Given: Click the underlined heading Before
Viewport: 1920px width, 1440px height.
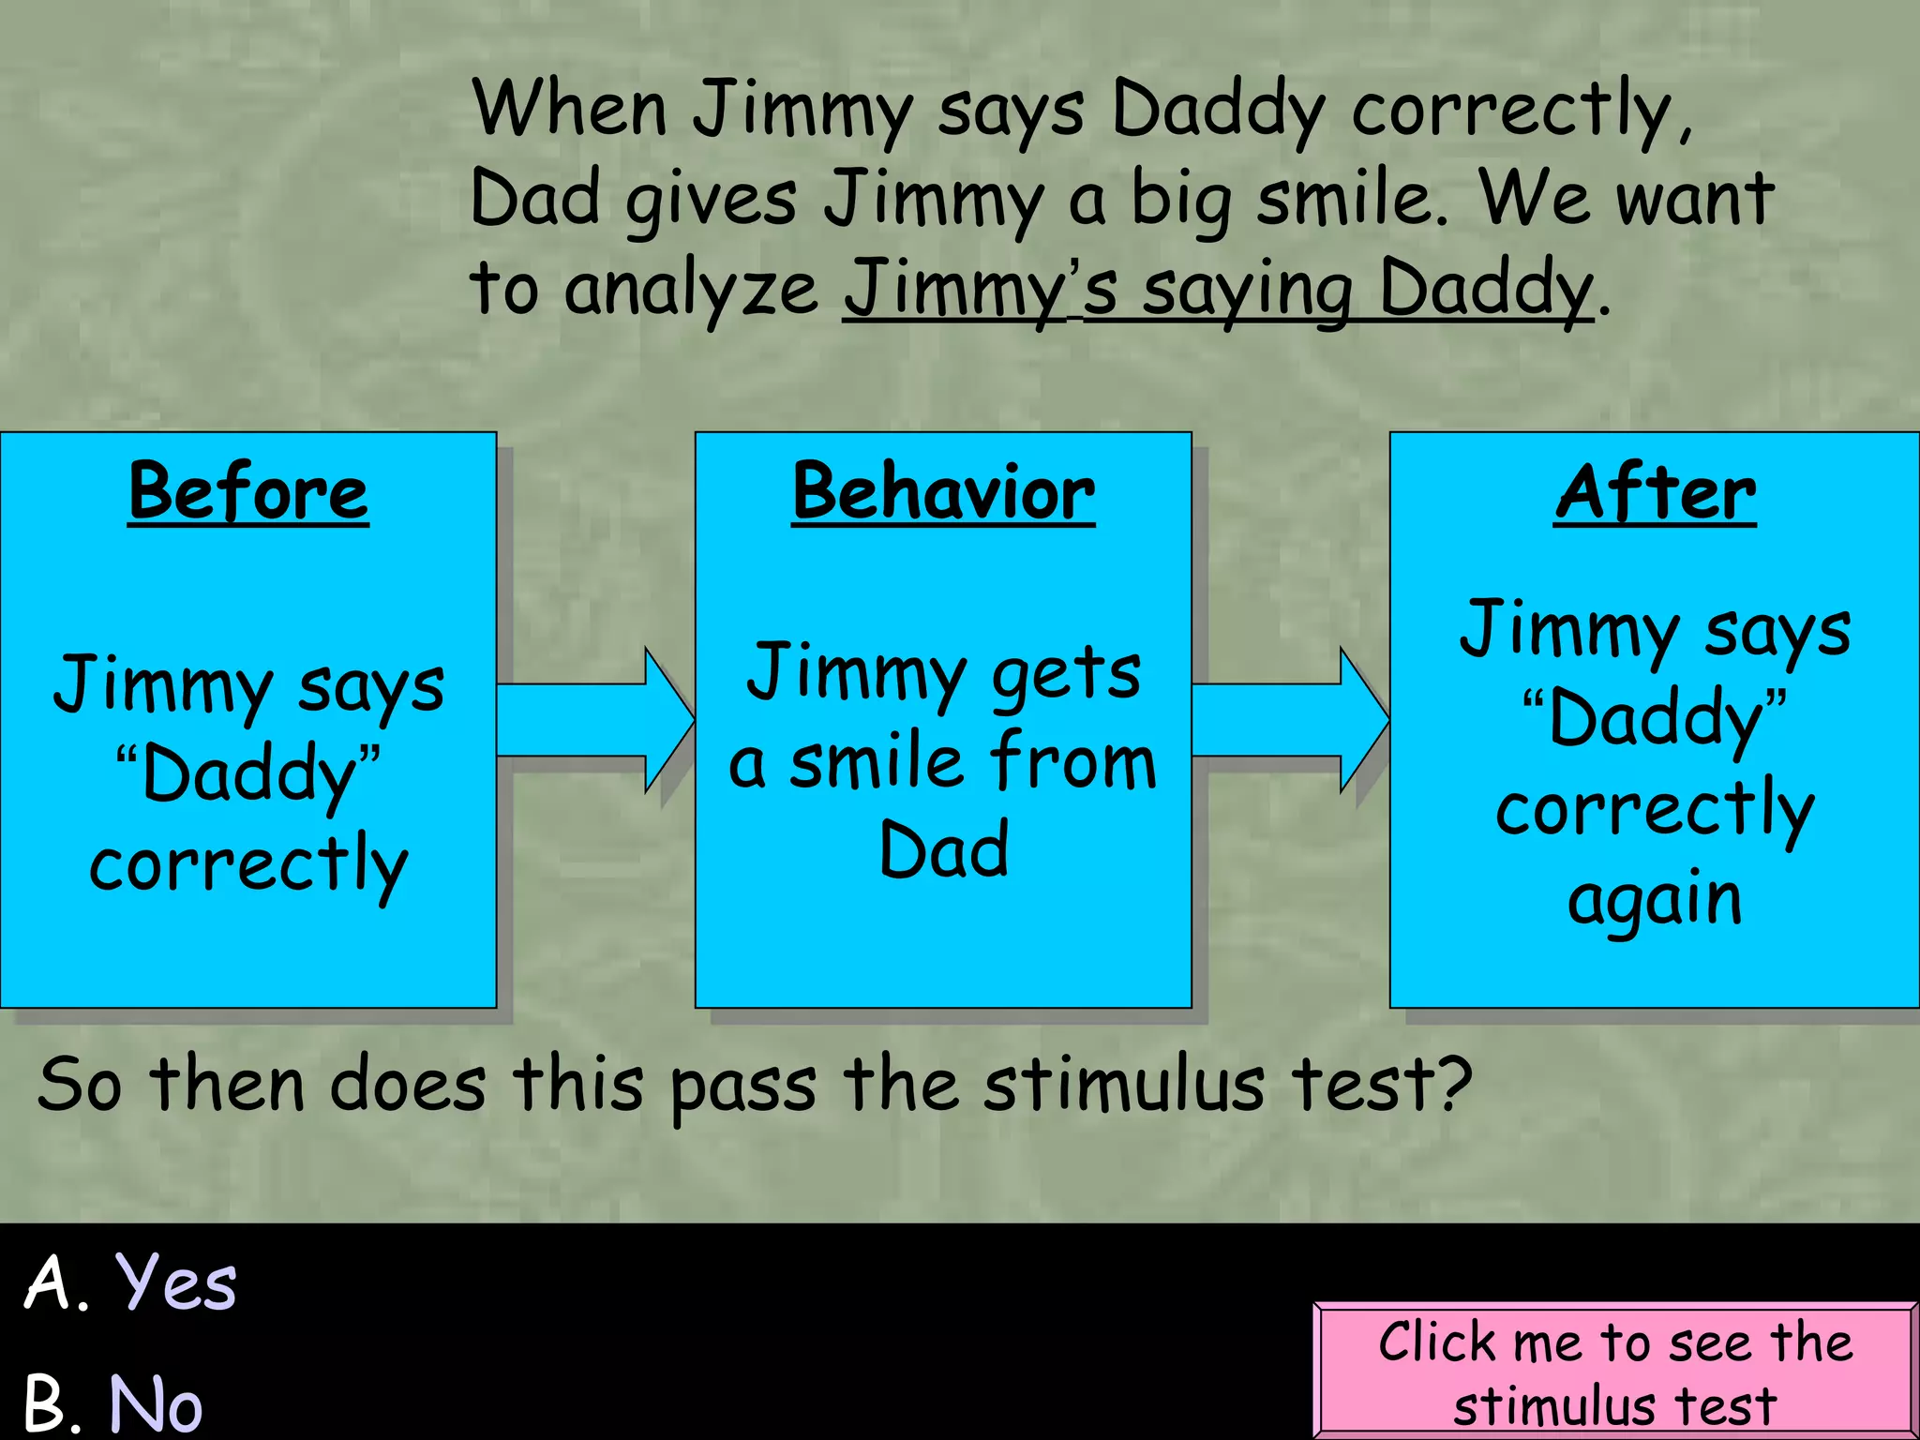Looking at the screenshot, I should pyautogui.click(x=248, y=493).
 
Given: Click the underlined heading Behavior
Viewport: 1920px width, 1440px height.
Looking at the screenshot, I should pyautogui.click(x=943, y=493).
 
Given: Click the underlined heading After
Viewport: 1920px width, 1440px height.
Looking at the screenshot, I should pyautogui.click(x=1655, y=493).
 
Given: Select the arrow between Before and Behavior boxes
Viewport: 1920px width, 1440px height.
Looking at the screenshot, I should pyautogui.click(x=596, y=720).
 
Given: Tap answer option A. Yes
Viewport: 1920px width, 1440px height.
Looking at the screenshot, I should pyautogui.click(x=131, y=1282).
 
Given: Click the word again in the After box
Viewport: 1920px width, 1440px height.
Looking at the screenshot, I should pyautogui.click(x=1655, y=900).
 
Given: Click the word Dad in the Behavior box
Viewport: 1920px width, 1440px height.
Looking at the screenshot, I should pyautogui.click(x=943, y=849).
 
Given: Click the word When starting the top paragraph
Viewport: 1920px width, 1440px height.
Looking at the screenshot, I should pyautogui.click(x=570, y=109).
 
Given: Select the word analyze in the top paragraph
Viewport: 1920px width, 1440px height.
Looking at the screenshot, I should pyautogui.click(x=691, y=289).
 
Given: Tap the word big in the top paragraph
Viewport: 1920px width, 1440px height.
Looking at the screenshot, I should pyautogui.click(x=1180, y=201).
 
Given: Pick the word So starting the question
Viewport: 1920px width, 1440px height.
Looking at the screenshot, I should pyautogui.click(x=80, y=1085).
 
